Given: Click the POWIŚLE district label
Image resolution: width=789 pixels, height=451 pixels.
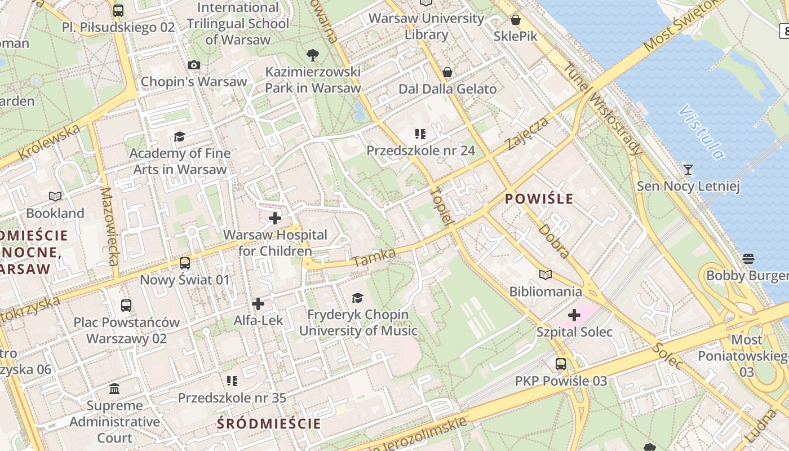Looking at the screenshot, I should pyautogui.click(x=539, y=198).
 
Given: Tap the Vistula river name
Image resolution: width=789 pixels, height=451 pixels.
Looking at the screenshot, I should pyautogui.click(x=702, y=132).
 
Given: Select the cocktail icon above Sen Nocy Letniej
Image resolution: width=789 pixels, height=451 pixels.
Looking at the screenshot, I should pyautogui.click(x=688, y=169).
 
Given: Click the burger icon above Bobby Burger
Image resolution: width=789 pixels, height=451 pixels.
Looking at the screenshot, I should pyautogui.click(x=748, y=259).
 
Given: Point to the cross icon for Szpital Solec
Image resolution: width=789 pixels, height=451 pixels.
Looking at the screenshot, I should pyautogui.click(x=574, y=315).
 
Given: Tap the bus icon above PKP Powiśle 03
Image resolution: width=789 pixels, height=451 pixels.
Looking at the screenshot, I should pyautogui.click(x=560, y=364).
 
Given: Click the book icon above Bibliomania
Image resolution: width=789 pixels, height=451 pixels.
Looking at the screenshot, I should pyautogui.click(x=545, y=275).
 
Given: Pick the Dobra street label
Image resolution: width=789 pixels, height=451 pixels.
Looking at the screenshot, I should pyautogui.click(x=554, y=241).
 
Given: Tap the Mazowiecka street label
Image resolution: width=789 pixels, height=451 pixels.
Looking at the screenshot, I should pyautogui.click(x=109, y=225).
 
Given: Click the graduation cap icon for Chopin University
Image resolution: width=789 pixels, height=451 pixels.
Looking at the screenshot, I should pyautogui.click(x=357, y=298).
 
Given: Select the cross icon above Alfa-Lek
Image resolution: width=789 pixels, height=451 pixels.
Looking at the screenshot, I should pyautogui.click(x=258, y=304).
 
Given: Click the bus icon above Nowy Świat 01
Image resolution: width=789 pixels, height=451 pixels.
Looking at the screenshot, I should pyautogui.click(x=185, y=263).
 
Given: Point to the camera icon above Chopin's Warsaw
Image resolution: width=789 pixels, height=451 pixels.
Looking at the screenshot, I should pyautogui.click(x=194, y=65).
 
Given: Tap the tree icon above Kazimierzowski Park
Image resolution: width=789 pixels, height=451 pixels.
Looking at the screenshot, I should pyautogui.click(x=313, y=55).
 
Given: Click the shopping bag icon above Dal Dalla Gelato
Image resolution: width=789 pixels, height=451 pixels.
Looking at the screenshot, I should pyautogui.click(x=447, y=72).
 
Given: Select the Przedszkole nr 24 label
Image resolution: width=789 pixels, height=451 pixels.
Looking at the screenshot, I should pyautogui.click(x=420, y=151).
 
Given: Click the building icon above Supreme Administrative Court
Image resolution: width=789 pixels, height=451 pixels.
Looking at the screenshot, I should pyautogui.click(x=115, y=389).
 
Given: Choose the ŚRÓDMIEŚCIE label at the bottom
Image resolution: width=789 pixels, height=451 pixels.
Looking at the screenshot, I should pyautogui.click(x=269, y=423).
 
